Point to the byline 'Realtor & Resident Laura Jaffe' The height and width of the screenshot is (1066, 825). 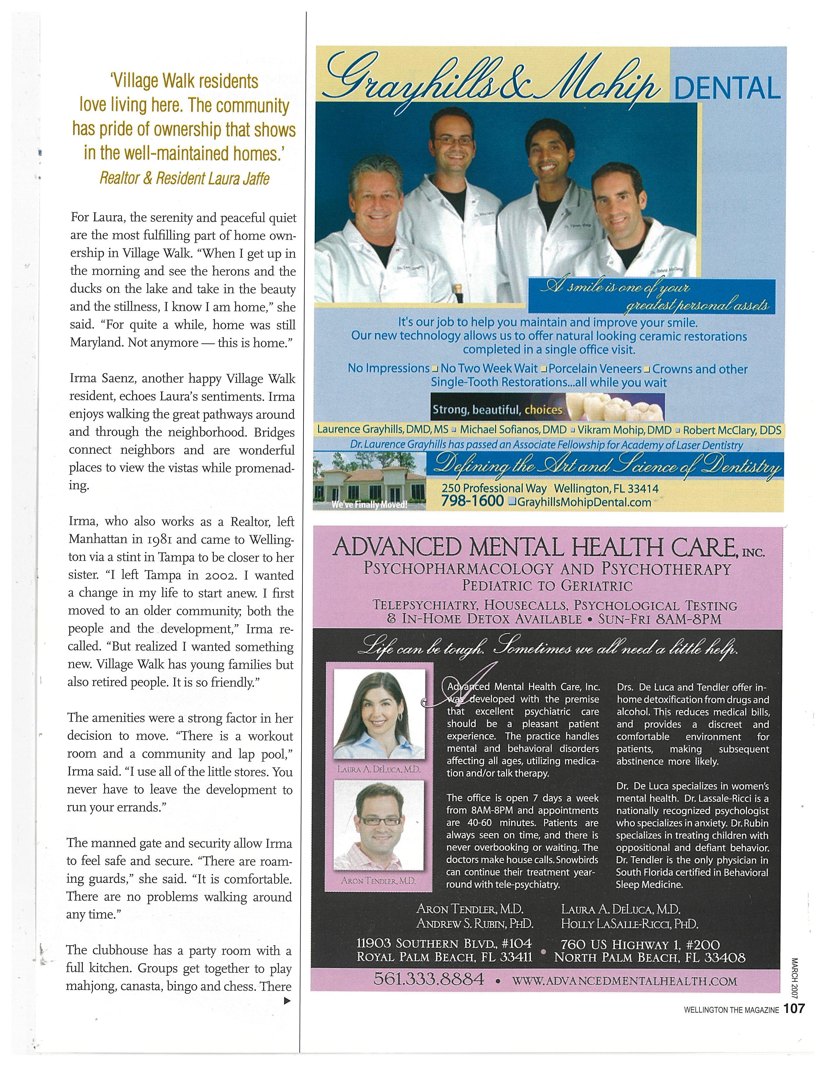184,179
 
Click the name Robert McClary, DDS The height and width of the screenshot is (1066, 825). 732,430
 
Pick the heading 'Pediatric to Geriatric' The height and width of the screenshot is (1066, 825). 547,585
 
